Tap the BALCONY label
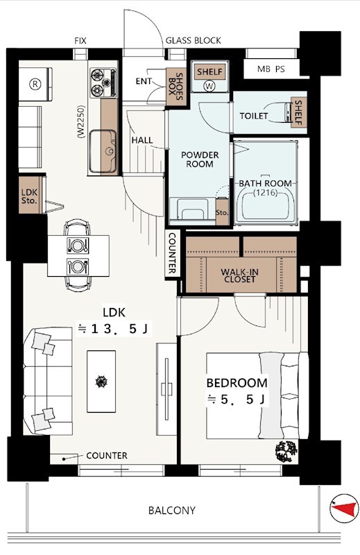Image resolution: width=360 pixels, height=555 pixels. coord(171,511)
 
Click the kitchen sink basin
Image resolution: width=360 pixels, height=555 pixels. coord(102,144)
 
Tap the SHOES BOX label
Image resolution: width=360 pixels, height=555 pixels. coord(178,87)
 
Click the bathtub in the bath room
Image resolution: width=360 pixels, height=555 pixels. coord(266,206)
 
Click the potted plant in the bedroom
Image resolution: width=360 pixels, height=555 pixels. coord(286,451)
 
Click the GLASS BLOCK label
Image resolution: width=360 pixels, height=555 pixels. coord(193,41)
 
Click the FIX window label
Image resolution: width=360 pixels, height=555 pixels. coord(80,41)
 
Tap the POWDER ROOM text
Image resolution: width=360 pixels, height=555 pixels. coord(200,159)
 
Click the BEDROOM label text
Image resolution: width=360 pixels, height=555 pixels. coord(237,383)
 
